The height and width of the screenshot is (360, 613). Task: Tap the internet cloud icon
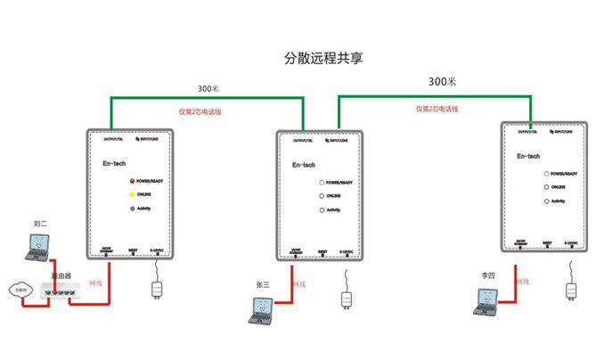pyautogui.click(x=20, y=289)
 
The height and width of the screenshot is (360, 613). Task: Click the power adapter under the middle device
pyautogui.click(x=347, y=297)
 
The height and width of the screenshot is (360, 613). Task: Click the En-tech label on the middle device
pyautogui.click(x=305, y=164)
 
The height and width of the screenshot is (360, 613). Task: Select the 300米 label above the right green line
pyautogui.click(x=442, y=81)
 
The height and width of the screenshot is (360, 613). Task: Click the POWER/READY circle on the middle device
pyautogui.click(x=322, y=183)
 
